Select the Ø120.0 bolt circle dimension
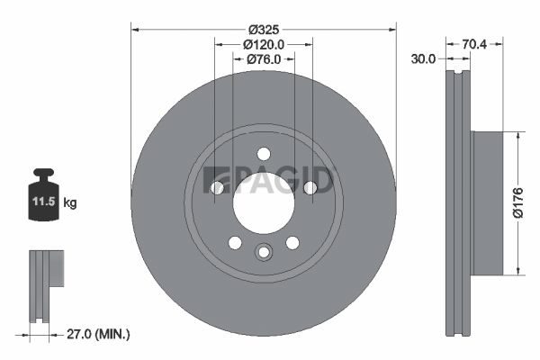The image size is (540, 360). (x=264, y=43)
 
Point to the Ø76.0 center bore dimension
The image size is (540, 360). (x=264, y=58)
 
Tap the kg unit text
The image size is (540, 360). (x=70, y=203)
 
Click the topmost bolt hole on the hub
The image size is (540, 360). (x=263, y=153)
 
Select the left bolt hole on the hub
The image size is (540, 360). (x=217, y=187)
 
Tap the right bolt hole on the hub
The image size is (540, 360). (x=310, y=187)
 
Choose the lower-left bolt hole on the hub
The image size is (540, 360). (x=235, y=242)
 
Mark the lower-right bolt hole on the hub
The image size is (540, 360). (x=292, y=242)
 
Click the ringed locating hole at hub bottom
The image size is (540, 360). (x=263, y=252)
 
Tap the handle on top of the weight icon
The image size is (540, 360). (x=43, y=174)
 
